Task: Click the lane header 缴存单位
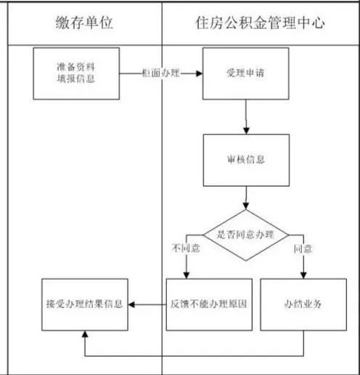tap(84, 23)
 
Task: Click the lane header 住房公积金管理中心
tap(260, 23)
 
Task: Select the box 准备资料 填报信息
tap(76, 73)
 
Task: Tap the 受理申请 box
tap(246, 73)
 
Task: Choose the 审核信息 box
tap(246, 160)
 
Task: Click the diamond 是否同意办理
tap(246, 235)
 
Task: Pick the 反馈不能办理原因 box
tap(209, 305)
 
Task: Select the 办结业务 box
tap(303, 305)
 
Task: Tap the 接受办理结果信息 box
tap(85, 305)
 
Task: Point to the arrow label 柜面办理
tap(161, 73)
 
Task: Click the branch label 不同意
tap(186, 248)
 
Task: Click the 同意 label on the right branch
tap(303, 249)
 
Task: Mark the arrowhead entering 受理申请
tap(200, 73)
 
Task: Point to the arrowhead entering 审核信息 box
tap(246, 131)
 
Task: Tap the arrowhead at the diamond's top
tap(246, 206)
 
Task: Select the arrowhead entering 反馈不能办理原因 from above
tap(187, 275)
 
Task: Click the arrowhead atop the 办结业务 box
tap(303, 275)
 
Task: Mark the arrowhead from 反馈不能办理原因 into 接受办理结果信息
tap(131, 305)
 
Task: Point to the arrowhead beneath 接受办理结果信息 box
tap(85, 334)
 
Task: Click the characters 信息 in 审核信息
tap(255, 160)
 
